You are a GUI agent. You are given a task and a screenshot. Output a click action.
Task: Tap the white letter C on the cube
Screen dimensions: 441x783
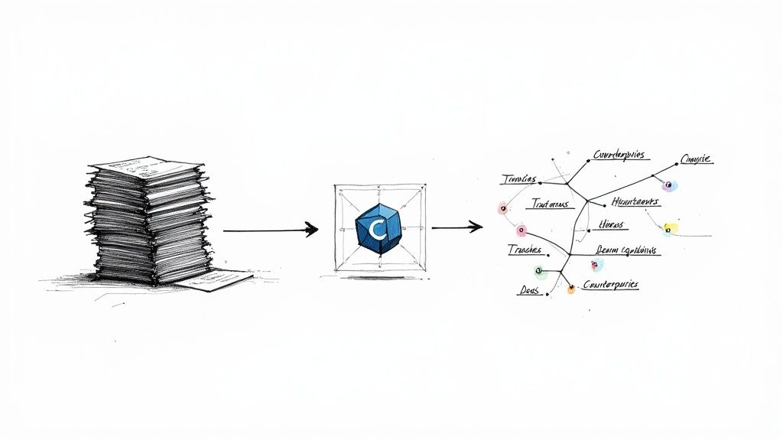tap(375, 229)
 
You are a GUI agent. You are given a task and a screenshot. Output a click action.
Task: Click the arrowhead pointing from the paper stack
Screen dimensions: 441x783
tap(310, 229)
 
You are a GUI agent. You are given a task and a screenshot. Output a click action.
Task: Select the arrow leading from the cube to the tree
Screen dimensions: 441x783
tap(456, 227)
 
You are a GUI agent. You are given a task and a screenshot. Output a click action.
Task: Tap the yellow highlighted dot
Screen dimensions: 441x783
tap(671, 228)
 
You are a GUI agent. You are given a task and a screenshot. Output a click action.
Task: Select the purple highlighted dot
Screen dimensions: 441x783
tap(669, 185)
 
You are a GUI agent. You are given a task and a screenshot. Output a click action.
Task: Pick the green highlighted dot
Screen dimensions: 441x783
tap(538, 270)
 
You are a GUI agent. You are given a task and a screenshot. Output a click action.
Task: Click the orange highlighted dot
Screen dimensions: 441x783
tap(570, 290)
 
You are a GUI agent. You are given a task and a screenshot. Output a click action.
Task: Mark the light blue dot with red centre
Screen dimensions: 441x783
tap(596, 264)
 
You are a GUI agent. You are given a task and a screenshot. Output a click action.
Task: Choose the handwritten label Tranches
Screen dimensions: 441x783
tap(525, 250)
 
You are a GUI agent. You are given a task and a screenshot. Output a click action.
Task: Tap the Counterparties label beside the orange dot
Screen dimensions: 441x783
tap(610, 284)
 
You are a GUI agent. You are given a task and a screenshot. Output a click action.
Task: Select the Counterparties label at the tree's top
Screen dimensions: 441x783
tap(620, 155)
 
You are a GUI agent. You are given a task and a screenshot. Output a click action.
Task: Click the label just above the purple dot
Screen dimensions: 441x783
tap(695, 159)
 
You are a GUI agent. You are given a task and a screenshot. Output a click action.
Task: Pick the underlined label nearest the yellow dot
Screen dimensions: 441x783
tap(634, 202)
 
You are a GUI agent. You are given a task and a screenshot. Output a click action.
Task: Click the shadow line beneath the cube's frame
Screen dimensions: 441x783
tap(379, 277)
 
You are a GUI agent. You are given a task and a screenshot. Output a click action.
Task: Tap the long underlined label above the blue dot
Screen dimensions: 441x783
tap(628, 250)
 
